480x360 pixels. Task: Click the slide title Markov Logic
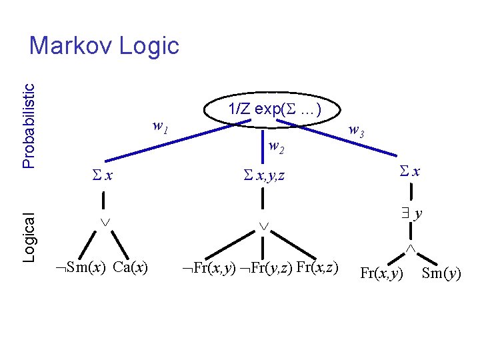coord(105,46)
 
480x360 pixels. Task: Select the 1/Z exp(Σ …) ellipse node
coord(274,111)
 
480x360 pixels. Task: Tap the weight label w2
coord(275,147)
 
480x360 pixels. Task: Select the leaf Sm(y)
coord(441,273)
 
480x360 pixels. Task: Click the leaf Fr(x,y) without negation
coord(381,273)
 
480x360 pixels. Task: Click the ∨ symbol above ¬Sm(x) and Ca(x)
coord(104,222)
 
